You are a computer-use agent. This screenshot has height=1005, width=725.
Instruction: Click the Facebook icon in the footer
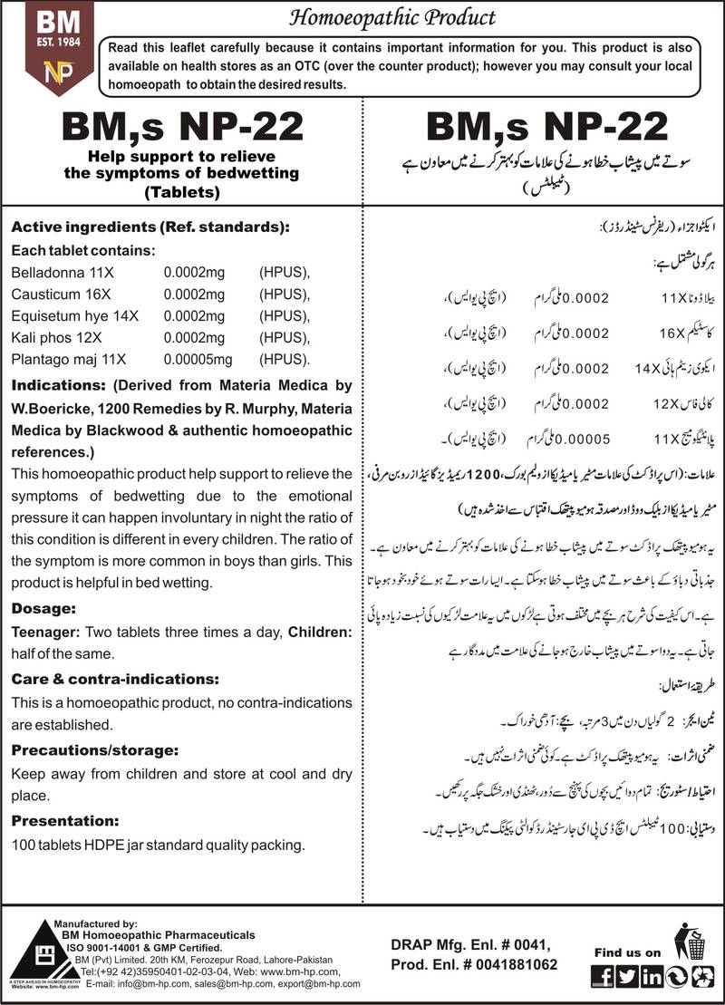600,976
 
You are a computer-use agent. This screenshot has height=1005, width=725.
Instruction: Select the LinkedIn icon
651,976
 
